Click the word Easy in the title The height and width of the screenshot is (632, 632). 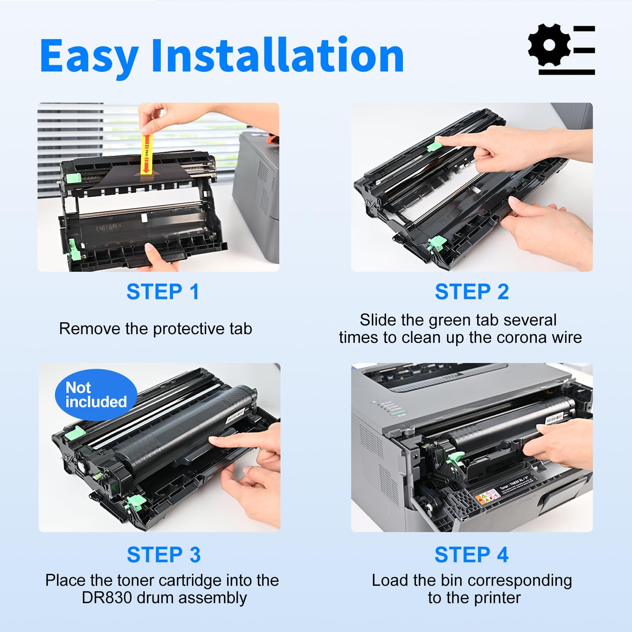89,56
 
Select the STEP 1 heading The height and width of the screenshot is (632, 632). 163,292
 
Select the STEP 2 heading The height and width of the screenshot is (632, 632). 472,292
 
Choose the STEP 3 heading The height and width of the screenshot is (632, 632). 164,555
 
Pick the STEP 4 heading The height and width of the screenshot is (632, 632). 471,555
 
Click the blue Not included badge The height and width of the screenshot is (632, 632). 96,395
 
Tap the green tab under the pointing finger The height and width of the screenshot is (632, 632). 434,145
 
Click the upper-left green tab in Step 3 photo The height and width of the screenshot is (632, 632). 75,433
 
